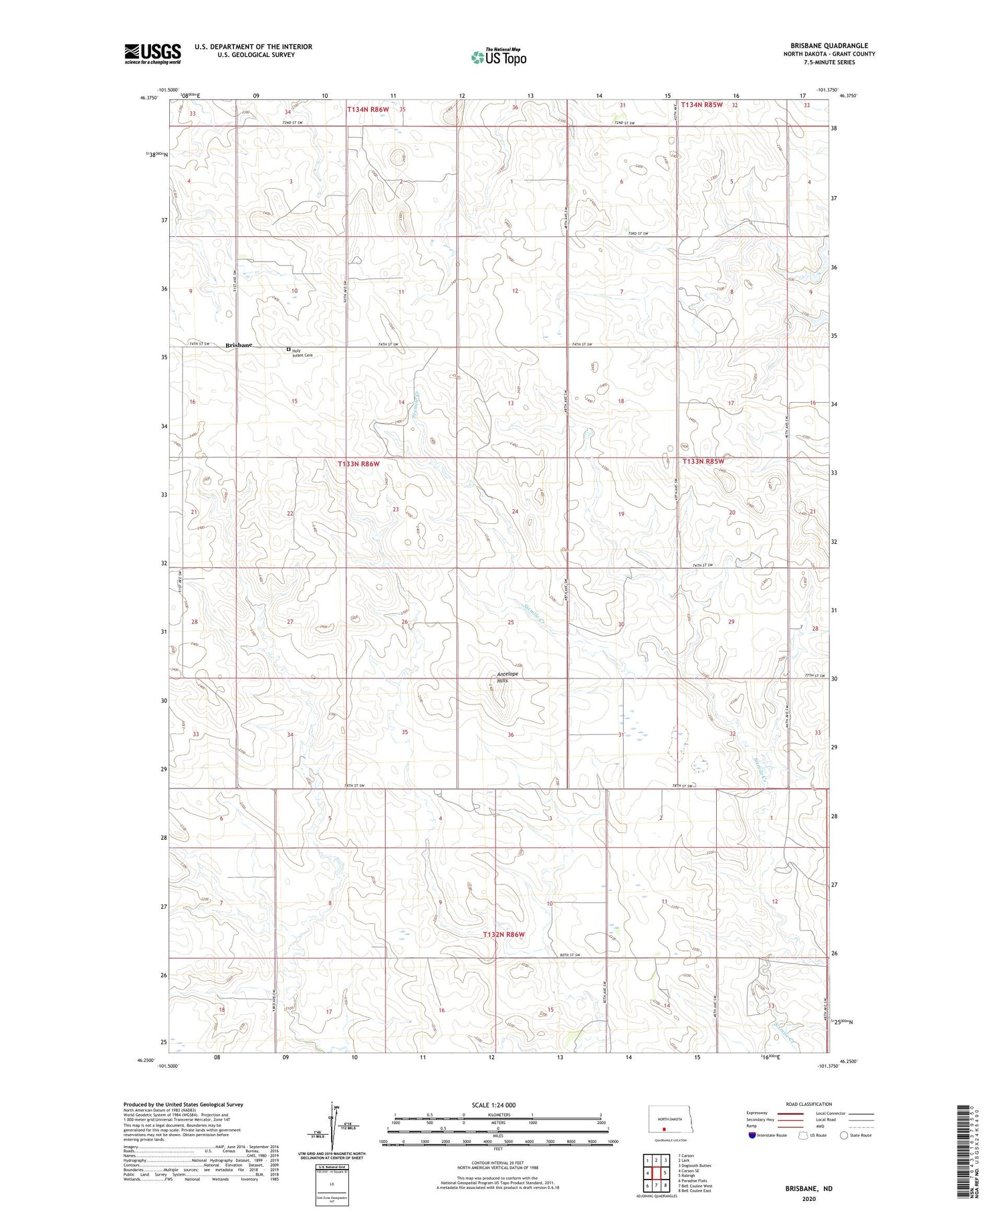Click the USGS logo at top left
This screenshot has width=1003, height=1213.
tap(152, 54)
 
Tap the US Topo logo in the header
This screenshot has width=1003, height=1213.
tap(498, 58)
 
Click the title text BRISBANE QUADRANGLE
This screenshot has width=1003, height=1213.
tap(828, 45)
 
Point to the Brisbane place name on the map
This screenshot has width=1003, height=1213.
tap(239, 345)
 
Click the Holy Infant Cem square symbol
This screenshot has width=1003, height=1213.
tap(289, 349)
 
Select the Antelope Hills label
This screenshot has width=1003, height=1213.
tap(508, 676)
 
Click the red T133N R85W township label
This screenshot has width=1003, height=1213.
tap(703, 462)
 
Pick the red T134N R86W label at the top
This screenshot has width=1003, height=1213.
tap(368, 109)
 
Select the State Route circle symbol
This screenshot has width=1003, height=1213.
tap(844, 1135)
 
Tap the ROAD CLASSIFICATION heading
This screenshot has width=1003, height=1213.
tap(809, 1104)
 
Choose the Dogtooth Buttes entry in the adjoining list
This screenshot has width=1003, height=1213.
tap(694, 1165)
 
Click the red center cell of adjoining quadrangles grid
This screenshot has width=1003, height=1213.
tap(657, 1173)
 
